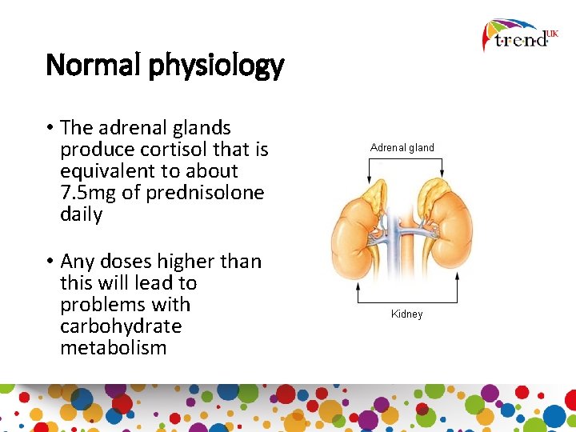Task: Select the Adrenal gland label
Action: (x=402, y=147)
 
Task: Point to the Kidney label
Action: (x=406, y=314)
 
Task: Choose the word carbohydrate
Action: (x=121, y=326)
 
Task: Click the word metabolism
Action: (x=114, y=348)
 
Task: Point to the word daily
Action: (x=82, y=214)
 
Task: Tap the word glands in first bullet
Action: (x=202, y=128)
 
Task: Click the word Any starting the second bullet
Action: (x=77, y=262)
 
